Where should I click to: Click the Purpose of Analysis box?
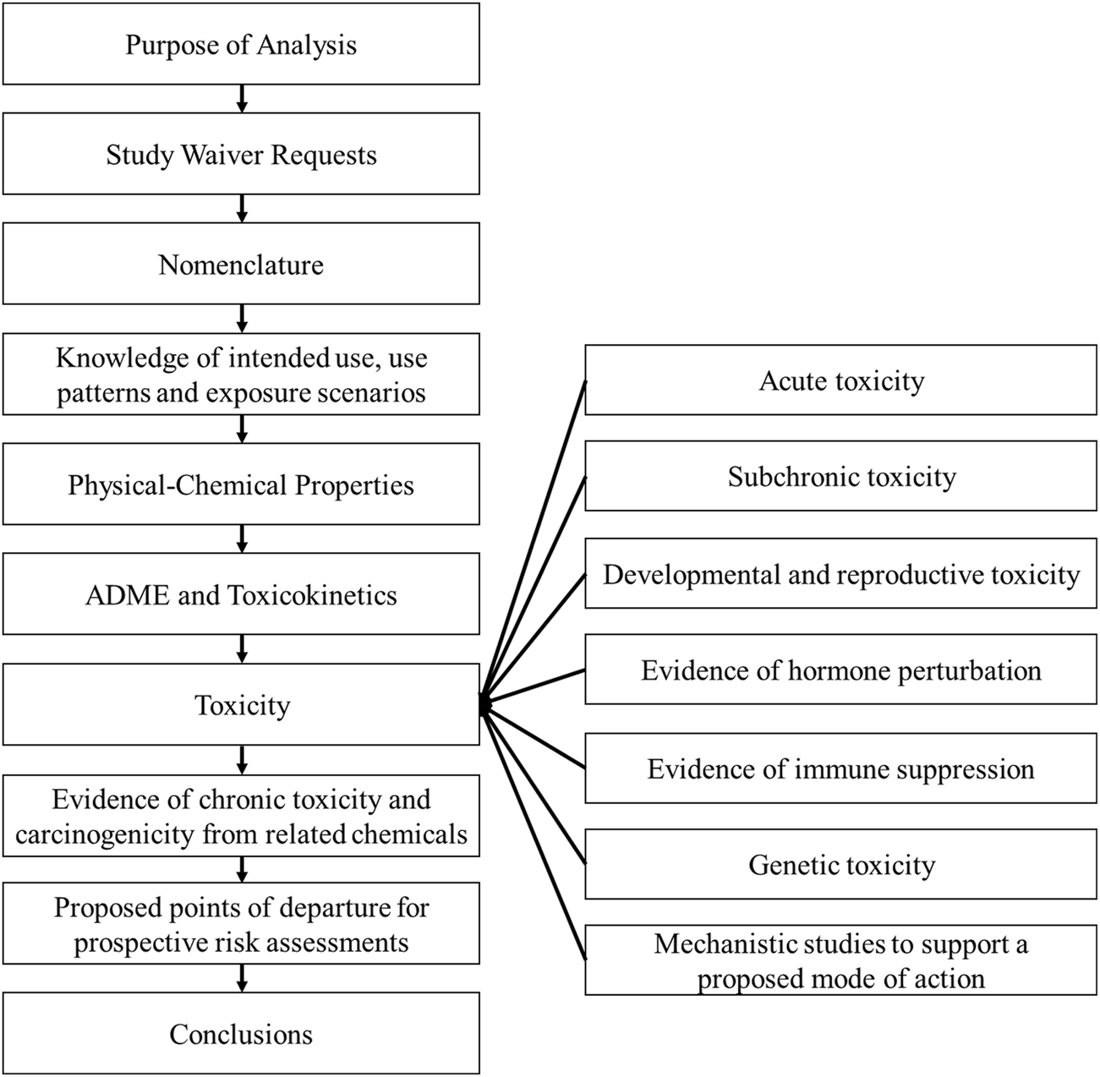click(x=241, y=44)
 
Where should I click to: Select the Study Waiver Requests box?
click(x=241, y=155)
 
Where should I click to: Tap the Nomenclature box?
click(x=241, y=265)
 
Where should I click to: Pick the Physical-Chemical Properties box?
click(x=241, y=485)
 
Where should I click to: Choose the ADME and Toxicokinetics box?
click(x=241, y=595)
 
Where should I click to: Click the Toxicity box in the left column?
click(x=241, y=705)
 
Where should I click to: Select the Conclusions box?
click(x=241, y=1034)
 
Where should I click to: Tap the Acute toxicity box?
click(x=840, y=380)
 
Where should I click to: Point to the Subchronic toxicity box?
click(x=840, y=477)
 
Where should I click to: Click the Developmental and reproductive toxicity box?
click(x=840, y=575)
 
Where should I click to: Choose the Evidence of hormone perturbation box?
click(x=840, y=670)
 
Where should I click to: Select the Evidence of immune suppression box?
click(x=840, y=768)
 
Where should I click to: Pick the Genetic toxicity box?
click(x=840, y=865)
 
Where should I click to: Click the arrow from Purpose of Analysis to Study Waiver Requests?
click(x=242, y=98)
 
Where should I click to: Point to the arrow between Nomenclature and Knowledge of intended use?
click(x=242, y=318)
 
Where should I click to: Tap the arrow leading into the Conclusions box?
click(x=242, y=978)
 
